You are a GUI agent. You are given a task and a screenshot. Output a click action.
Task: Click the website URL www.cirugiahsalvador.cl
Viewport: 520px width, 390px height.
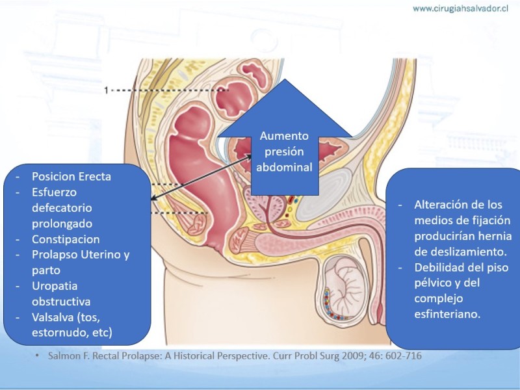(461, 8)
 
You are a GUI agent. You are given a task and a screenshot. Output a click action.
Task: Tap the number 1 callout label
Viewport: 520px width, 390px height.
(106, 90)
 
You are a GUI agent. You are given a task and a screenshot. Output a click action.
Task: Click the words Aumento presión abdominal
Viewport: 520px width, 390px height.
(284, 151)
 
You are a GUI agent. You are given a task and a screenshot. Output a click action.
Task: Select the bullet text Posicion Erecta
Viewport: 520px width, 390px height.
(71, 176)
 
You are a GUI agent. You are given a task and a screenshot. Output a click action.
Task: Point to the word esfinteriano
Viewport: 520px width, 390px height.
(448, 314)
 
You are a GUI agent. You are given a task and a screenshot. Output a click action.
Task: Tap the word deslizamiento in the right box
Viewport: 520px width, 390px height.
(463, 251)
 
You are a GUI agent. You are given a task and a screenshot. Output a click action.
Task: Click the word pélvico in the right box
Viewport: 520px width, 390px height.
(436, 283)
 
